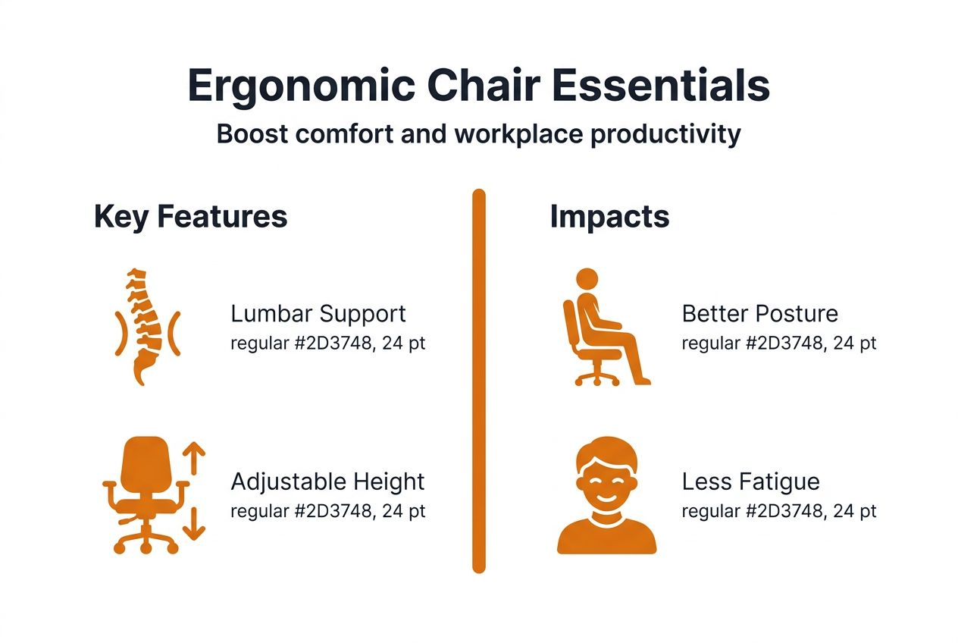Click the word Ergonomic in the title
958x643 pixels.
301,86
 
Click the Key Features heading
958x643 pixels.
190,217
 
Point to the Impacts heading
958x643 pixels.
609,217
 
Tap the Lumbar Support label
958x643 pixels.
318,314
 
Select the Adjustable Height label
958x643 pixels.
327,481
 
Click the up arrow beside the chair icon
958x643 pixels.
195,460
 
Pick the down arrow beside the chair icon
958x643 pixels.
195,523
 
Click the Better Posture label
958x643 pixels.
759,314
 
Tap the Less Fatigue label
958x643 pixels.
750,481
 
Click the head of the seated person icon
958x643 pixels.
587,279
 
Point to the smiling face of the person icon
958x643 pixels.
606,481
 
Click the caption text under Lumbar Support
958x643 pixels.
327,343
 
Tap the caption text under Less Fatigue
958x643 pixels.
778,511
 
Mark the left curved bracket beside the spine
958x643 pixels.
118,333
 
